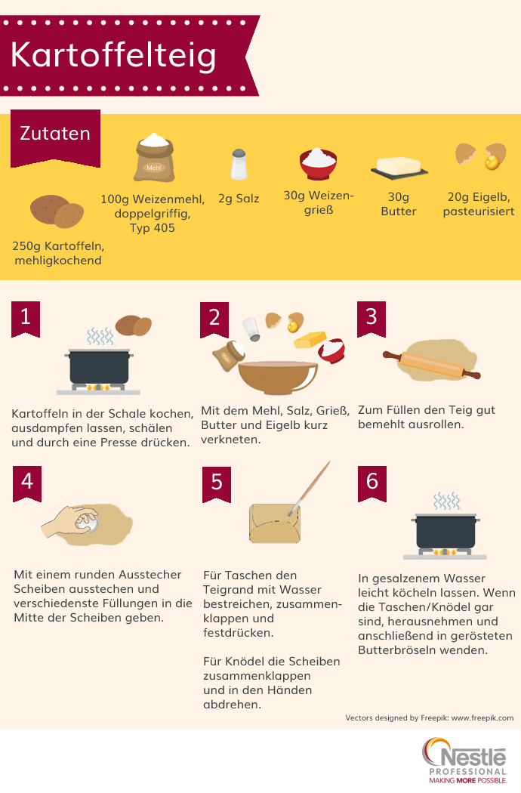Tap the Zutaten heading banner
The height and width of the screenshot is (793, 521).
(54, 134)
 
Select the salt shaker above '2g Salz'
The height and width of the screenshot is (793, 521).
(239, 164)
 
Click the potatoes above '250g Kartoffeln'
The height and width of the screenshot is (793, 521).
(57, 212)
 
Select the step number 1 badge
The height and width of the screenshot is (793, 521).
(26, 317)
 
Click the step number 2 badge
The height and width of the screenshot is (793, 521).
(214, 317)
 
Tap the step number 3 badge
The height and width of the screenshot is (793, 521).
(371, 316)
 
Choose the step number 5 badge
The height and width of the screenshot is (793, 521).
(216, 482)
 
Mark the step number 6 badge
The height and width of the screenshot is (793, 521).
(371, 481)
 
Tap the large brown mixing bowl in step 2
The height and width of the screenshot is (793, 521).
(277, 374)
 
